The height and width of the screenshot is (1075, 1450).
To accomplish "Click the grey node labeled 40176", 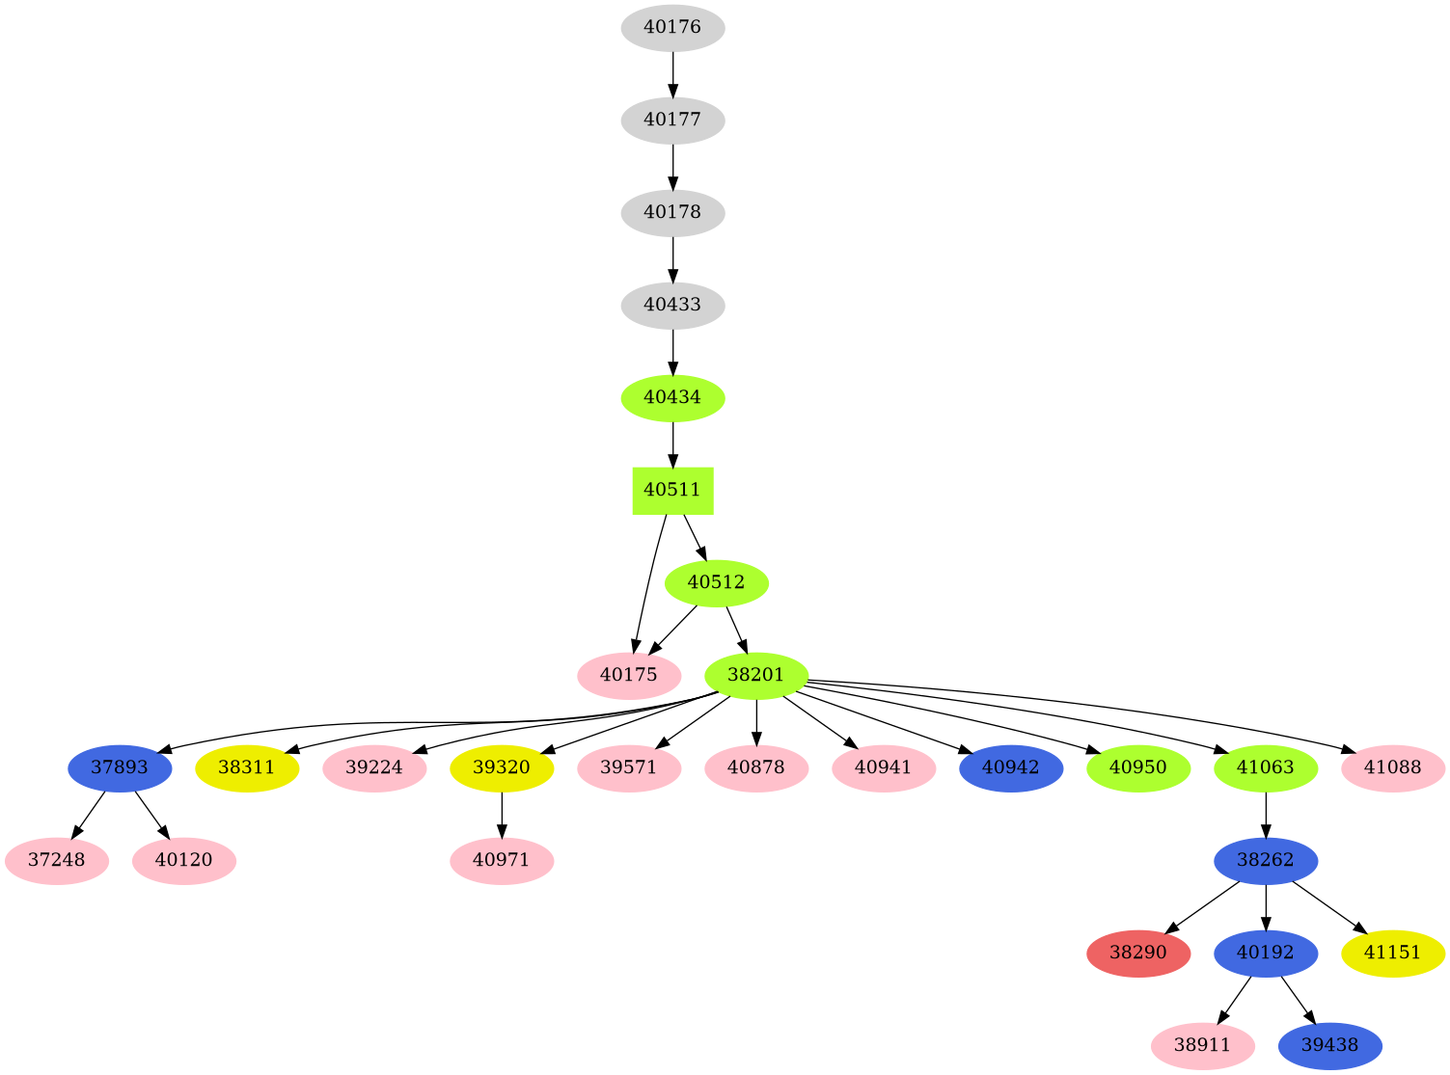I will coord(672,28).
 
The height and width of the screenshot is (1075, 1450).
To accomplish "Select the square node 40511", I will coord(672,490).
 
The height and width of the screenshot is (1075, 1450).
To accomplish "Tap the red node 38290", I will coord(1138,954).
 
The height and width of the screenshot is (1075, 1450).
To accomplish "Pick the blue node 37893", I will coord(120,768).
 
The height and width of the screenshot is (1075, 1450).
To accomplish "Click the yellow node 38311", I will coord(247,768).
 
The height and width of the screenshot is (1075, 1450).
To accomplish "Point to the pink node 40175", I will coord(629,675).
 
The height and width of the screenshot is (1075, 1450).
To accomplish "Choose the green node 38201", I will coord(756,675).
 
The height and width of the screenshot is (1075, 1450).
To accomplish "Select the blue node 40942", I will coord(1011,768).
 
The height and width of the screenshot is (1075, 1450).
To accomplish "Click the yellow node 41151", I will coord(1393,954).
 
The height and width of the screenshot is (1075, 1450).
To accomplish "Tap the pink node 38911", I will coord(1202,1046).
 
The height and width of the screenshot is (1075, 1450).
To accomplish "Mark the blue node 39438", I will coord(1329,1046).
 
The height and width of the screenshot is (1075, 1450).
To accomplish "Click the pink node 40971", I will coord(502,860).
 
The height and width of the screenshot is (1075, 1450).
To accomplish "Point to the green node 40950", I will coord(1138,768).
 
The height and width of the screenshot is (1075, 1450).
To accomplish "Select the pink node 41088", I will coord(1393,768).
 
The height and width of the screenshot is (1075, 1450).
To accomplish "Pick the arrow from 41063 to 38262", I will coord(1265,814).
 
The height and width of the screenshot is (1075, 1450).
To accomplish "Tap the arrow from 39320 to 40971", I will coord(502,814).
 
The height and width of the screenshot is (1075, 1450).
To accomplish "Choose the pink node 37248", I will coord(57,860).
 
